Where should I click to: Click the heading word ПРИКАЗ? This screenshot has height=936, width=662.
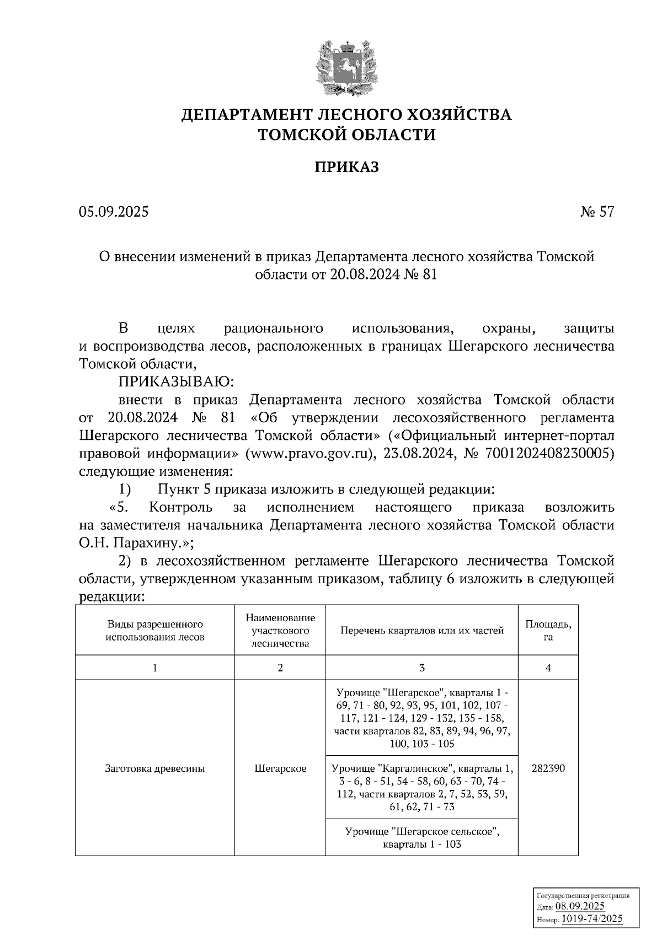pyautogui.click(x=346, y=167)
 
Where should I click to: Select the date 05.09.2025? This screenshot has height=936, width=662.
pyautogui.click(x=114, y=212)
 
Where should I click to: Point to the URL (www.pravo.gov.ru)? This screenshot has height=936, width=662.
pyautogui.click(x=306, y=454)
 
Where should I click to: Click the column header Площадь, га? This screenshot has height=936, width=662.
pyautogui.click(x=548, y=631)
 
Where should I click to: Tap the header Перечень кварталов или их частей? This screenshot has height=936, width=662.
pyautogui.click(x=421, y=631)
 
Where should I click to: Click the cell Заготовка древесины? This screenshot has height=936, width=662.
pyautogui.click(x=155, y=768)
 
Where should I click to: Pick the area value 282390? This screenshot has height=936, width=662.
pyautogui.click(x=548, y=768)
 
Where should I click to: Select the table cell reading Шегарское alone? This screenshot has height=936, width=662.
pyautogui.click(x=280, y=768)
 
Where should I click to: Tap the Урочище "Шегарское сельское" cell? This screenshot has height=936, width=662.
pyautogui.click(x=421, y=837)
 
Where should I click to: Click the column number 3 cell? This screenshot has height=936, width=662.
pyautogui.click(x=421, y=668)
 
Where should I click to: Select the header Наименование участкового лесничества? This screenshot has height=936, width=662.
pyautogui.click(x=280, y=631)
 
